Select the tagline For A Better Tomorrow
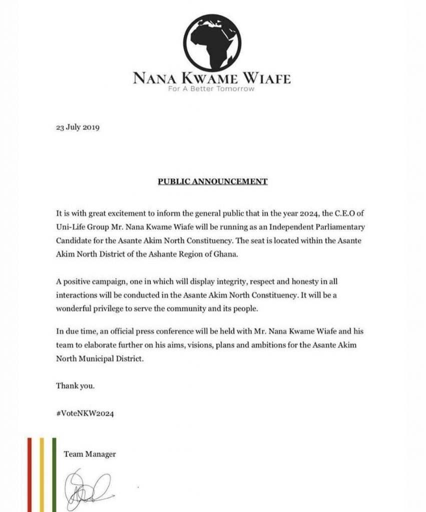coord(212,89)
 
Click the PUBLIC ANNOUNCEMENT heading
coord(212,181)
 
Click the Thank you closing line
coord(72,386)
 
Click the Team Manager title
coord(90,454)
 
